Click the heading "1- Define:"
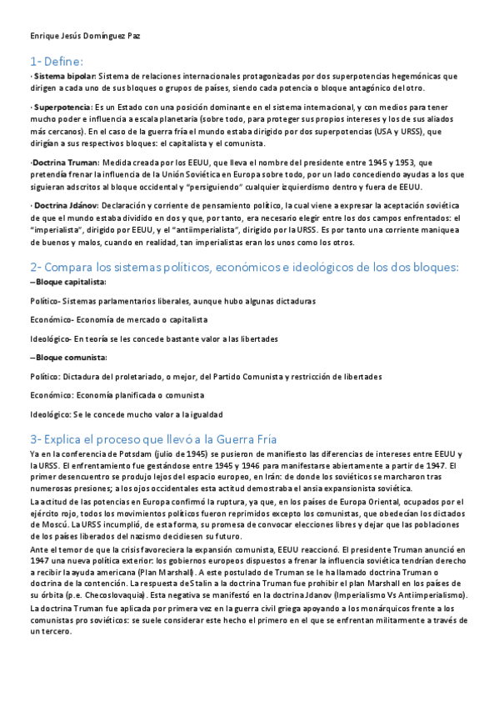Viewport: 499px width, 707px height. click(x=56, y=61)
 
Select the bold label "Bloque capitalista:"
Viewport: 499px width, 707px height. click(x=67, y=282)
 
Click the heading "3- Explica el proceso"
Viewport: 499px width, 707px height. click(x=158, y=439)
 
